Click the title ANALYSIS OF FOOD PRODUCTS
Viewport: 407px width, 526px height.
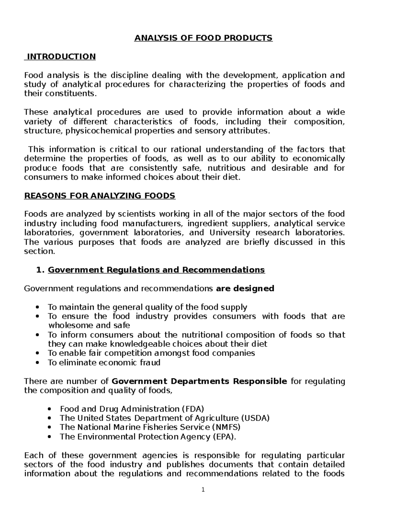click(203, 38)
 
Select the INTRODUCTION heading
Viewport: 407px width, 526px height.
click(61, 57)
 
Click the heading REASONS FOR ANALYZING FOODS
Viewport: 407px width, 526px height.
click(99, 196)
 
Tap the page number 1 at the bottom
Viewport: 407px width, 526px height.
click(203, 489)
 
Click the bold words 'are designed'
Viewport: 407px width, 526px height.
click(245, 289)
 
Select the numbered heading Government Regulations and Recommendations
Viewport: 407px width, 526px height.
click(156, 270)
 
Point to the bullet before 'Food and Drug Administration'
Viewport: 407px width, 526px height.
click(50, 409)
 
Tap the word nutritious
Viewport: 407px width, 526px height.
click(226, 168)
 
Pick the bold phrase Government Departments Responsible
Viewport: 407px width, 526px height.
click(199, 381)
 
